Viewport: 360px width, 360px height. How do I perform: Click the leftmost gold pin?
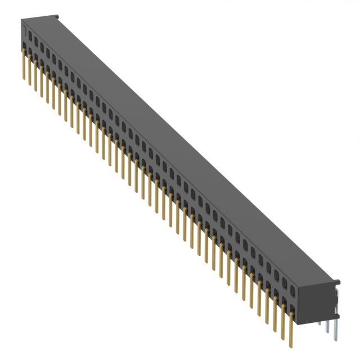tap(24, 65)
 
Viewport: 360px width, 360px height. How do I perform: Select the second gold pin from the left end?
tap(29, 70)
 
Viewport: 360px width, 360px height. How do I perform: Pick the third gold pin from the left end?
tap(35, 76)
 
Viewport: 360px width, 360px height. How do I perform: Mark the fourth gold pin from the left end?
tap(42, 82)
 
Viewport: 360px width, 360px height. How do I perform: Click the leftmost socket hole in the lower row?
tap(25, 52)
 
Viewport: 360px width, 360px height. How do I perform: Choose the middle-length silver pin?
tap(327, 328)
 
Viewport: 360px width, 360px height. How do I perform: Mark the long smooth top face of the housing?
tap(186, 141)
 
